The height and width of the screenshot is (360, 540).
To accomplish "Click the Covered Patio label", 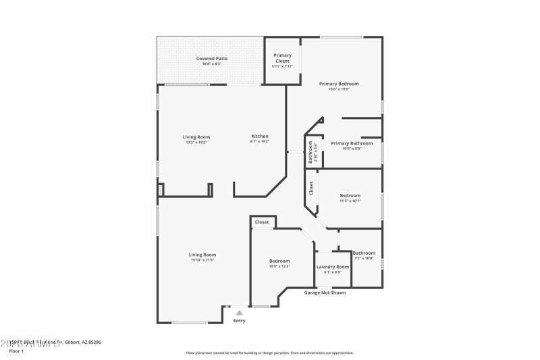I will click(211, 59).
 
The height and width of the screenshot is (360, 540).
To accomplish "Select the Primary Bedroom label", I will click(338, 84).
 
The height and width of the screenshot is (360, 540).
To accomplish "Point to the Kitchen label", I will click(260, 136).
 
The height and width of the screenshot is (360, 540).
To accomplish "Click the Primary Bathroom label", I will click(351, 143).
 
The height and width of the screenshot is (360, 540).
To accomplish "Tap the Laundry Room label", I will click(333, 267).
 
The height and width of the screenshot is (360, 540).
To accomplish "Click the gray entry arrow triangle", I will click(239, 313).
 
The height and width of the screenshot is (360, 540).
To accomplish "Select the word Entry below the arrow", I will click(240, 321).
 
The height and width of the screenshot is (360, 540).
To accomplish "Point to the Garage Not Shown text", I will click(325, 293).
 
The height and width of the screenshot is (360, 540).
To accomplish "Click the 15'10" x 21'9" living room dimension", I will click(202, 260).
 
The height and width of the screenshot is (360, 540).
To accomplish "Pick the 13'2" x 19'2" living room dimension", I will click(196, 143).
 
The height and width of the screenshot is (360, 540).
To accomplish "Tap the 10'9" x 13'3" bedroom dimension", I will click(279, 266).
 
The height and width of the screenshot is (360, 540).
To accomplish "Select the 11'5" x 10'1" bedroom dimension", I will click(350, 201).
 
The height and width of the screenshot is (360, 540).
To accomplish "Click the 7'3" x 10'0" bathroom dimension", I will click(363, 258).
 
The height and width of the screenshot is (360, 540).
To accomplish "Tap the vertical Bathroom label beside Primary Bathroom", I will click(310, 153).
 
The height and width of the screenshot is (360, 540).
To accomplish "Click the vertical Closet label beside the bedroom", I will click(311, 188).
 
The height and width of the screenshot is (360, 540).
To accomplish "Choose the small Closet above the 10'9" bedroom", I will click(262, 222).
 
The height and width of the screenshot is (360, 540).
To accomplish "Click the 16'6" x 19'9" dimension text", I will click(338, 89).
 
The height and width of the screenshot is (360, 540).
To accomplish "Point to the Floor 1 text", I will click(17, 351).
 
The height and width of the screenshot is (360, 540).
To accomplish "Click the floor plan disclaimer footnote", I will click(269, 353).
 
